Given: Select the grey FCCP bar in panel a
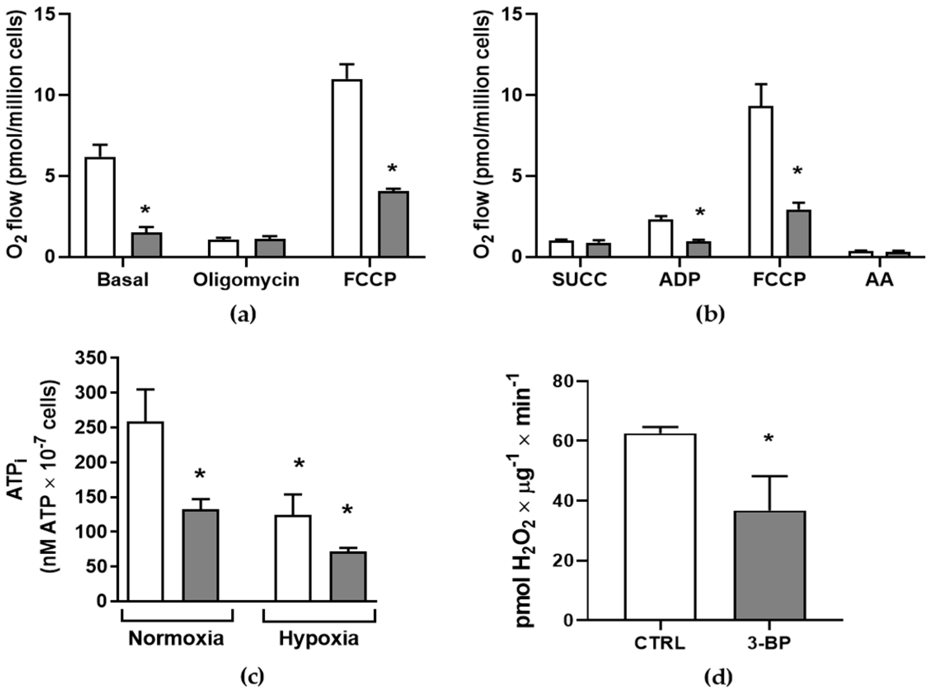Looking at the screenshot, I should [393, 223].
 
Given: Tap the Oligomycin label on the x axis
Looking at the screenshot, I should [246, 280].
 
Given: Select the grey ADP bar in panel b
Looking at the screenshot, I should [698, 248].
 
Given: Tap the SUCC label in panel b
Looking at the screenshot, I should [580, 280].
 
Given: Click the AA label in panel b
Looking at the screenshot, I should [879, 280].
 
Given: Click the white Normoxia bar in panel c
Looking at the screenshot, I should [145, 511].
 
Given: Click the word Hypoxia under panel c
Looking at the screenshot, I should [318, 639].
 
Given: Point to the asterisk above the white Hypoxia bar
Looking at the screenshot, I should [299, 464].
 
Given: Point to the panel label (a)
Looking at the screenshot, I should [243, 315].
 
